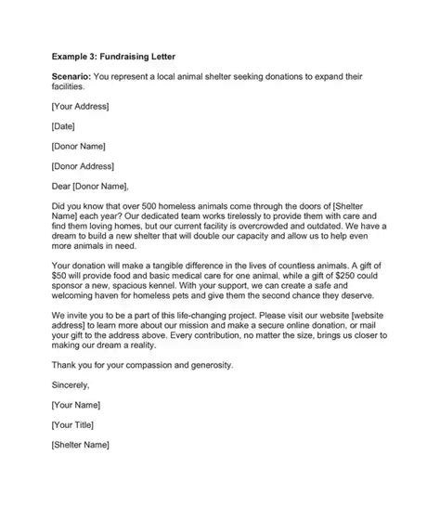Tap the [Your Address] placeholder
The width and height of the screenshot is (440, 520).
pyautogui.click(x=76, y=107)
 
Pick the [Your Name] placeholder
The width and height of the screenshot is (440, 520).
pyautogui.click(x=71, y=407)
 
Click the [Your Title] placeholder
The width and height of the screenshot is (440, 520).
pyautogui.click(x=69, y=427)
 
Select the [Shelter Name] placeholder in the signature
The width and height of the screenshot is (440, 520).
pyautogui.click(x=76, y=447)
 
